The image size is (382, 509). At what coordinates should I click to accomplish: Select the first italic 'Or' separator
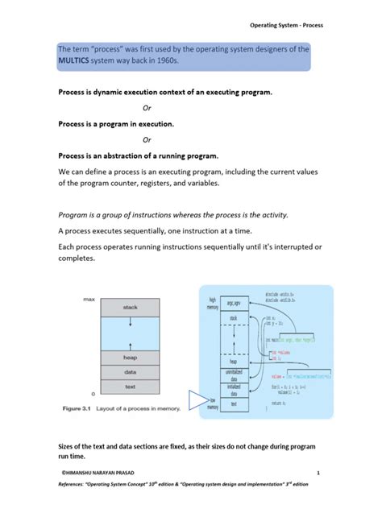tap(146, 107)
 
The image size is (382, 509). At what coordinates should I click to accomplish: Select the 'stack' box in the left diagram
tap(130, 307)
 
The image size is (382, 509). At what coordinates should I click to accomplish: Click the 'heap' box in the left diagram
tap(130, 357)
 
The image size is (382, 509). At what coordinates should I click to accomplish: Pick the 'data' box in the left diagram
tap(130, 372)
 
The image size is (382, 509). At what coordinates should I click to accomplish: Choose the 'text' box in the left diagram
tap(130, 386)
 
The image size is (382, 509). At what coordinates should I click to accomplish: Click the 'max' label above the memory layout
tap(89, 298)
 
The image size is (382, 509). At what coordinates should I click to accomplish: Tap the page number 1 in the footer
tap(319, 473)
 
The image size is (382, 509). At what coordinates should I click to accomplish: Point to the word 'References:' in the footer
tap(67, 486)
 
